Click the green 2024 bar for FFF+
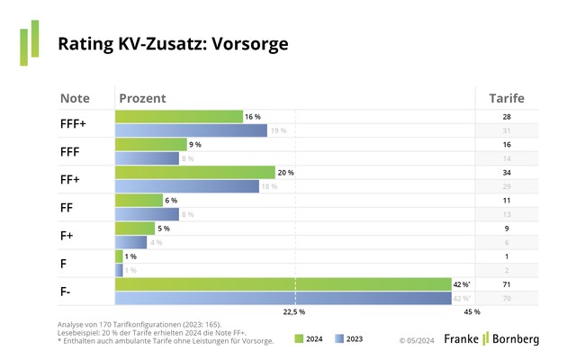click(x=179, y=117)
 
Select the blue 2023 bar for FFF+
click(x=191, y=130)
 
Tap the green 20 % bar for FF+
click(x=194, y=173)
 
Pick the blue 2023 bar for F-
click(x=283, y=298)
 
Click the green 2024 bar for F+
click(x=135, y=229)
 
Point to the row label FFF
click(x=71, y=152)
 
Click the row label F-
click(x=67, y=292)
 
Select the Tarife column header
click(x=506, y=98)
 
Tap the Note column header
click(x=75, y=98)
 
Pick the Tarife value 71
click(x=506, y=284)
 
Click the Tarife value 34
click(x=506, y=173)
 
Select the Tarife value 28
click(x=506, y=117)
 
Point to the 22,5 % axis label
click(x=294, y=312)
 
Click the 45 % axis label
click(x=472, y=312)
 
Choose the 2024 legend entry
click(x=308, y=339)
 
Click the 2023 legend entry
click(x=350, y=339)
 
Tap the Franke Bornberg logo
click(x=490, y=338)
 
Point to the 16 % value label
click(x=252, y=117)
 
